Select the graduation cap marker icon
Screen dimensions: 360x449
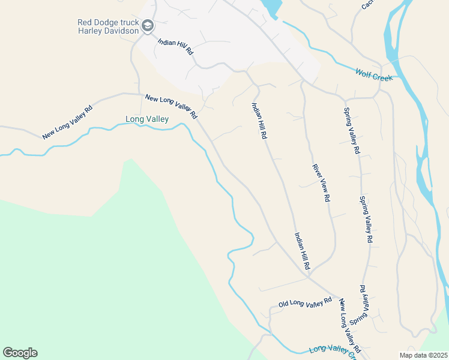(x=148, y=26)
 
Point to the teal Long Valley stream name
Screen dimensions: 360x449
(x=146, y=119)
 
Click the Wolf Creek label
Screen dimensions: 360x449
(x=373, y=74)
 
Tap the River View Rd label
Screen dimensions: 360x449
(x=321, y=182)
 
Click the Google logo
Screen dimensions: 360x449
(x=20, y=353)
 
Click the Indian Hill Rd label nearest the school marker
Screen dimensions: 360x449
(x=175, y=47)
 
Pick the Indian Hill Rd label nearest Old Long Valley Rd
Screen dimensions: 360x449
(x=301, y=250)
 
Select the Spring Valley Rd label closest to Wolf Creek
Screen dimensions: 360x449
(x=351, y=130)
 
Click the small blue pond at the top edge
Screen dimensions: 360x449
(x=271, y=7)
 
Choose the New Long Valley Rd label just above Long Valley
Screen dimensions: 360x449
(x=171, y=106)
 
